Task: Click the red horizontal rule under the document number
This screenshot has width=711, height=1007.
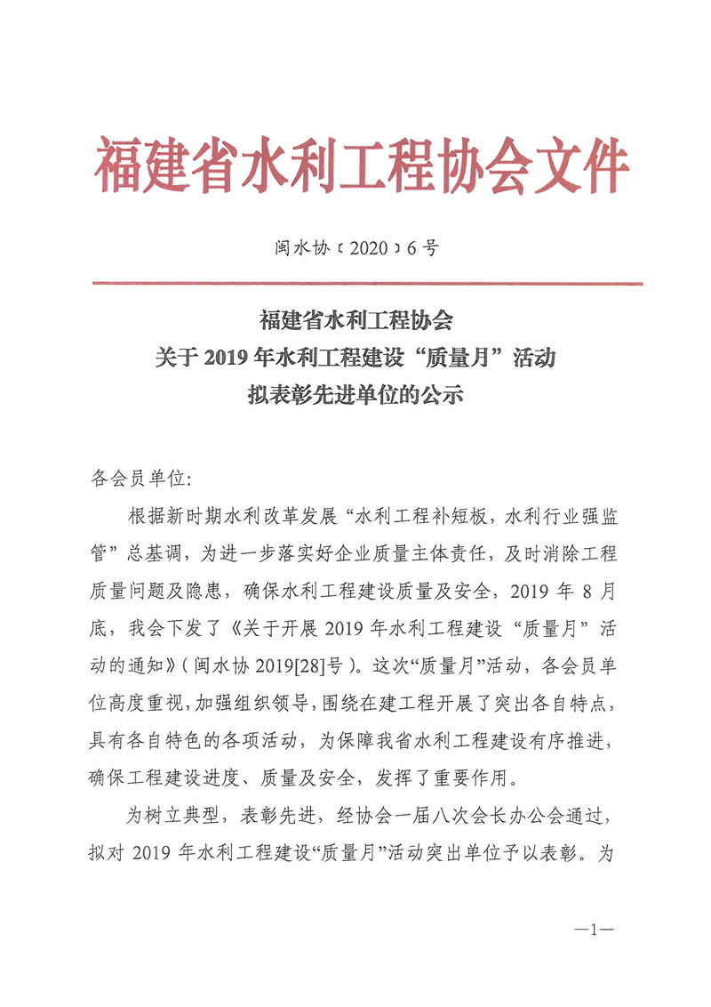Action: (x=368, y=284)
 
